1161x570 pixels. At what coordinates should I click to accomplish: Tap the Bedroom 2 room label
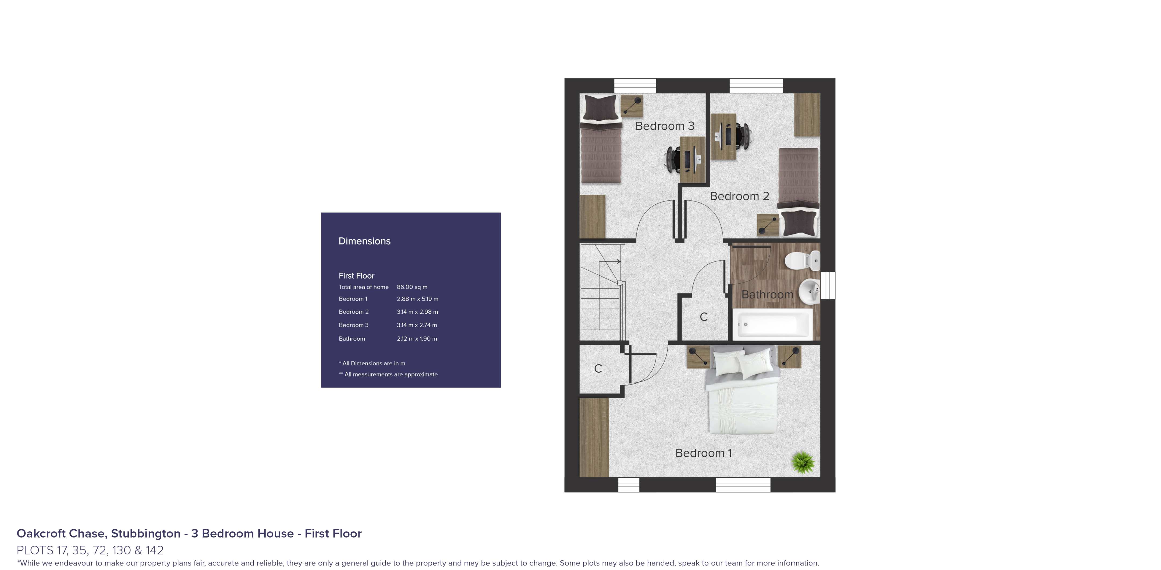(739, 196)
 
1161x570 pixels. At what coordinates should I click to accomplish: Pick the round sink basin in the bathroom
(809, 291)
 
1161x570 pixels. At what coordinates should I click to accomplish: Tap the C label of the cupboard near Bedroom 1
(598, 369)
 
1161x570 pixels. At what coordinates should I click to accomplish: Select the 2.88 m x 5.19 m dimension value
(417, 299)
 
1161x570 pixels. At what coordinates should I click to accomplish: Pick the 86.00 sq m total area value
(412, 287)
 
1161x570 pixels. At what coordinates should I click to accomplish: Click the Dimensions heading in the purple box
(364, 241)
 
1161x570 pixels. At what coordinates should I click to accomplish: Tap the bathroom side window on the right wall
(827, 285)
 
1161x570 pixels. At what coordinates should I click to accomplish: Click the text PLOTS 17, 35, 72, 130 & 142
(90, 550)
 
